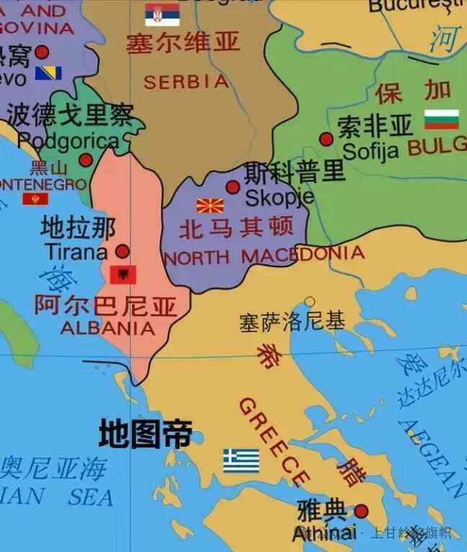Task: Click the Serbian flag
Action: tap(162, 14)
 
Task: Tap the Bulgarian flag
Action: tap(441, 120)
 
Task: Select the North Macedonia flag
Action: tap(210, 205)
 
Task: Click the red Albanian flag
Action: tap(123, 274)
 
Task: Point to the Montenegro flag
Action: tap(35, 198)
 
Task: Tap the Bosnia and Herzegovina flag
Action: tap(48, 73)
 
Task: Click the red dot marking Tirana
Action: tap(123, 251)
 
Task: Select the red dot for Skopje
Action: tap(233, 187)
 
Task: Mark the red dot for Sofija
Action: tap(326, 139)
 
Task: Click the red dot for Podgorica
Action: tap(86, 160)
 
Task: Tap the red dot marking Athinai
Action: tap(361, 511)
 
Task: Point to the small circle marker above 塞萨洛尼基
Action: tap(309, 302)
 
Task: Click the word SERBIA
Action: tap(186, 82)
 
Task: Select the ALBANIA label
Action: tap(107, 328)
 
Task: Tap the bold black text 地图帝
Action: tap(146, 435)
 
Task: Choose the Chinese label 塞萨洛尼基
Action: tap(292, 321)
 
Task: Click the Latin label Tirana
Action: tap(76, 251)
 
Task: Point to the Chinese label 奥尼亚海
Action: tap(53, 469)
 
